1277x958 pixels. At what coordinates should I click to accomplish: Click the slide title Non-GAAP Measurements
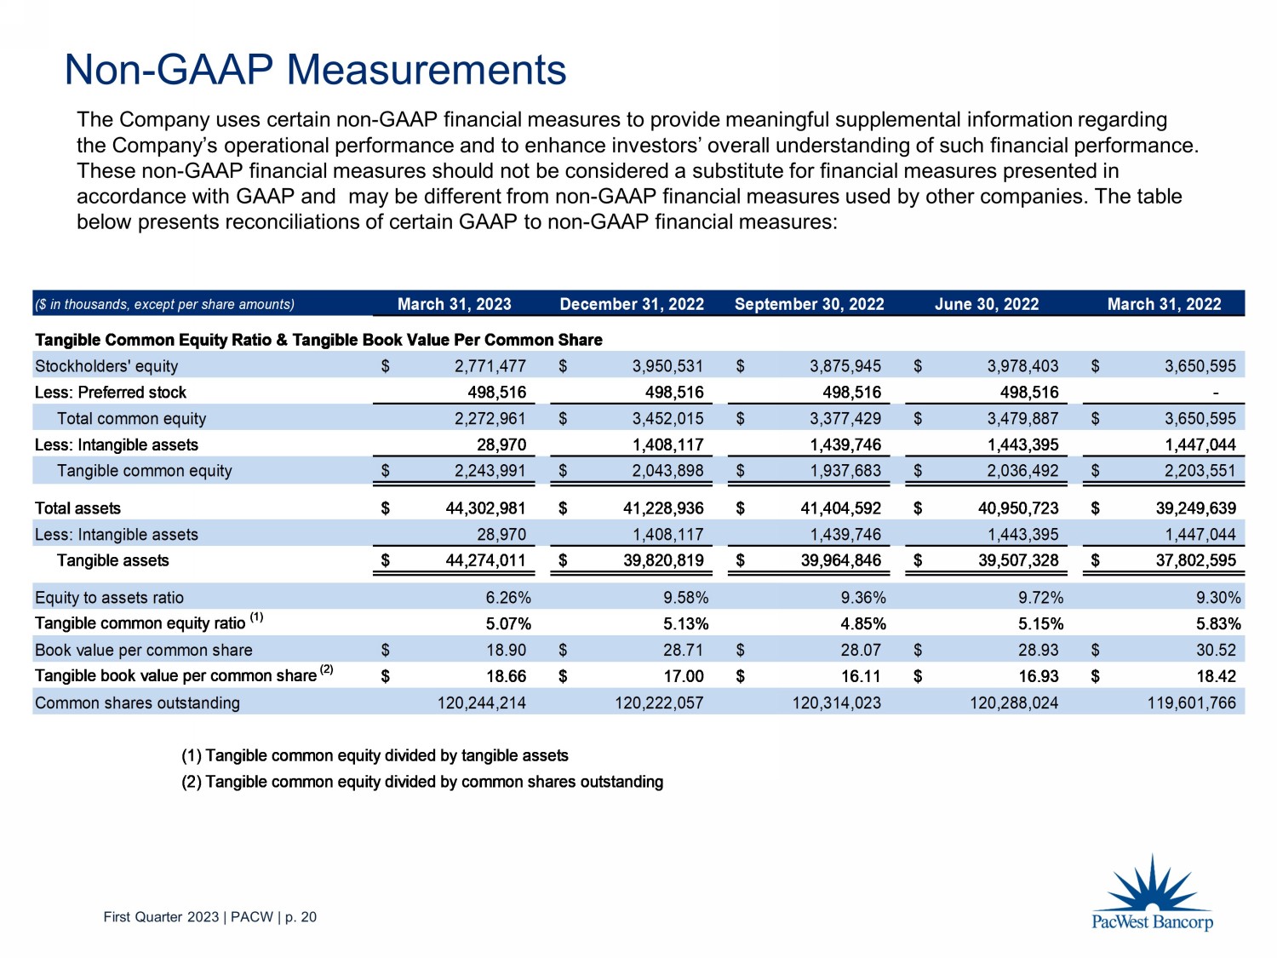click(x=315, y=70)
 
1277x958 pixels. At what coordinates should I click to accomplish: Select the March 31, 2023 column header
click(x=454, y=304)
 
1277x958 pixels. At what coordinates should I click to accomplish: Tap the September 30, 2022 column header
click(x=809, y=304)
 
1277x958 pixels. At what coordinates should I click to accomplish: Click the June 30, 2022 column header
click(x=987, y=304)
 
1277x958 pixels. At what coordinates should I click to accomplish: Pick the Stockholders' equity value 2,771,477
click(x=490, y=366)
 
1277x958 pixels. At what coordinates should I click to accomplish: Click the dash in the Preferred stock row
click(x=1215, y=393)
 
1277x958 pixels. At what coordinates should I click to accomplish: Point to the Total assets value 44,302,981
click(x=485, y=508)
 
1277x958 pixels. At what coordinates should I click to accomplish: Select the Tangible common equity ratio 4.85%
click(x=863, y=624)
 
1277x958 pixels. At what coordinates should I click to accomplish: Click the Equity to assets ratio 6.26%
click(x=508, y=598)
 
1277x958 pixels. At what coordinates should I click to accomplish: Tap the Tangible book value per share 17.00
click(x=684, y=676)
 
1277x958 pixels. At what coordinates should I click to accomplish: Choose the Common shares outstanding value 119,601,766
click(x=1191, y=703)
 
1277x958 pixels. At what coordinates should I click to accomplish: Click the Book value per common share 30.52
click(x=1215, y=651)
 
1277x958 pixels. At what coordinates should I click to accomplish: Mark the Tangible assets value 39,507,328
click(x=1018, y=560)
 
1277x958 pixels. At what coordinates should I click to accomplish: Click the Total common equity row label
click(x=131, y=419)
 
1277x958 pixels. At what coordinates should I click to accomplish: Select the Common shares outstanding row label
click(x=137, y=703)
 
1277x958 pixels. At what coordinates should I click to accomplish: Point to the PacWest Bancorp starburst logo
click(x=1152, y=886)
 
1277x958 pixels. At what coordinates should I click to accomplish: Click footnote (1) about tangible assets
click(x=375, y=756)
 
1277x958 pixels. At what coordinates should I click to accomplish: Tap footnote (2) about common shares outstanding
click(x=421, y=782)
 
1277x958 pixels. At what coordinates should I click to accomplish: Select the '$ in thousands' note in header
click(x=164, y=304)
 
